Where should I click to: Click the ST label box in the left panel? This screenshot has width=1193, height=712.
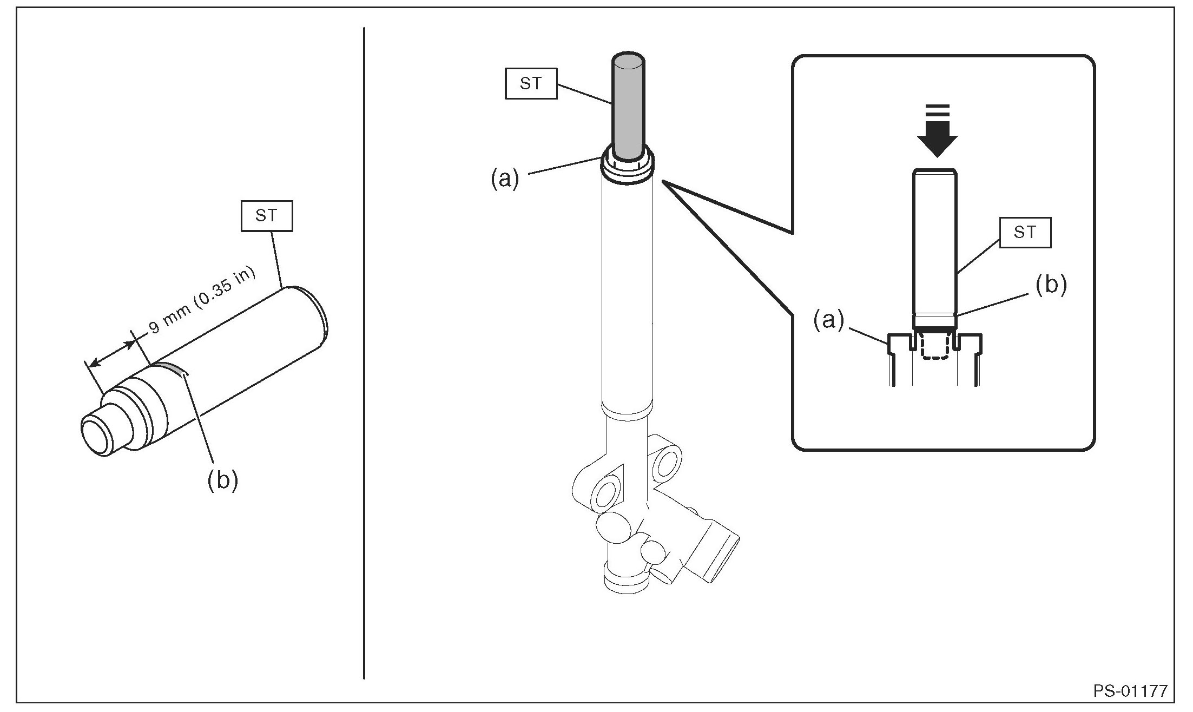point(266,216)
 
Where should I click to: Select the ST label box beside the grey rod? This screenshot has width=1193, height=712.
point(530,83)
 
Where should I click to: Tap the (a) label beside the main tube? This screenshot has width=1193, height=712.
point(504,179)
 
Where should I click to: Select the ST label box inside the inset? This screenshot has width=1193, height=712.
point(1025,233)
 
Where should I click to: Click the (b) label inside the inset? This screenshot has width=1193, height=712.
point(1051,286)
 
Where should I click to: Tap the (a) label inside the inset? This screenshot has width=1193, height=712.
point(828,321)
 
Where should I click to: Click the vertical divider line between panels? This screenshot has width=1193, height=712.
point(364,352)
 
